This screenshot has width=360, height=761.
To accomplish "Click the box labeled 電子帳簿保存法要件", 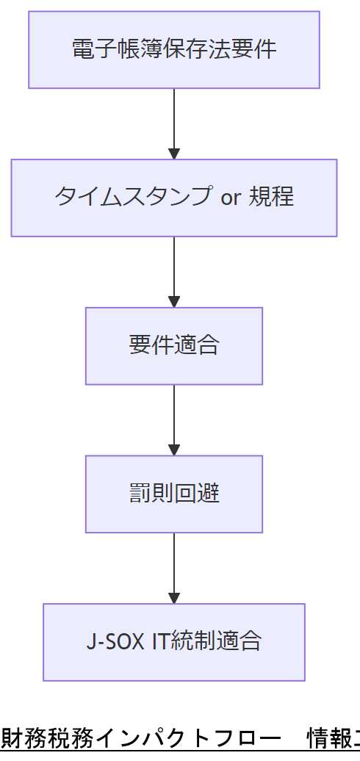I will pos(174,49).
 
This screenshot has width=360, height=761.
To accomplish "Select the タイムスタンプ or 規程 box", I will pos(174,198).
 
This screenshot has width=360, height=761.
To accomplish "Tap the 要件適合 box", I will pos(174,345).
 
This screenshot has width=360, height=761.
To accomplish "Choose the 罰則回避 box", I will pos(174,494).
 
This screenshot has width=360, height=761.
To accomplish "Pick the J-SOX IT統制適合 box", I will pos(174,642).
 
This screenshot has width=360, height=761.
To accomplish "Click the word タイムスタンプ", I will pos(133,198).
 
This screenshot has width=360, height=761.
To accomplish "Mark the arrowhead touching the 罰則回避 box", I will pos(174,450).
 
